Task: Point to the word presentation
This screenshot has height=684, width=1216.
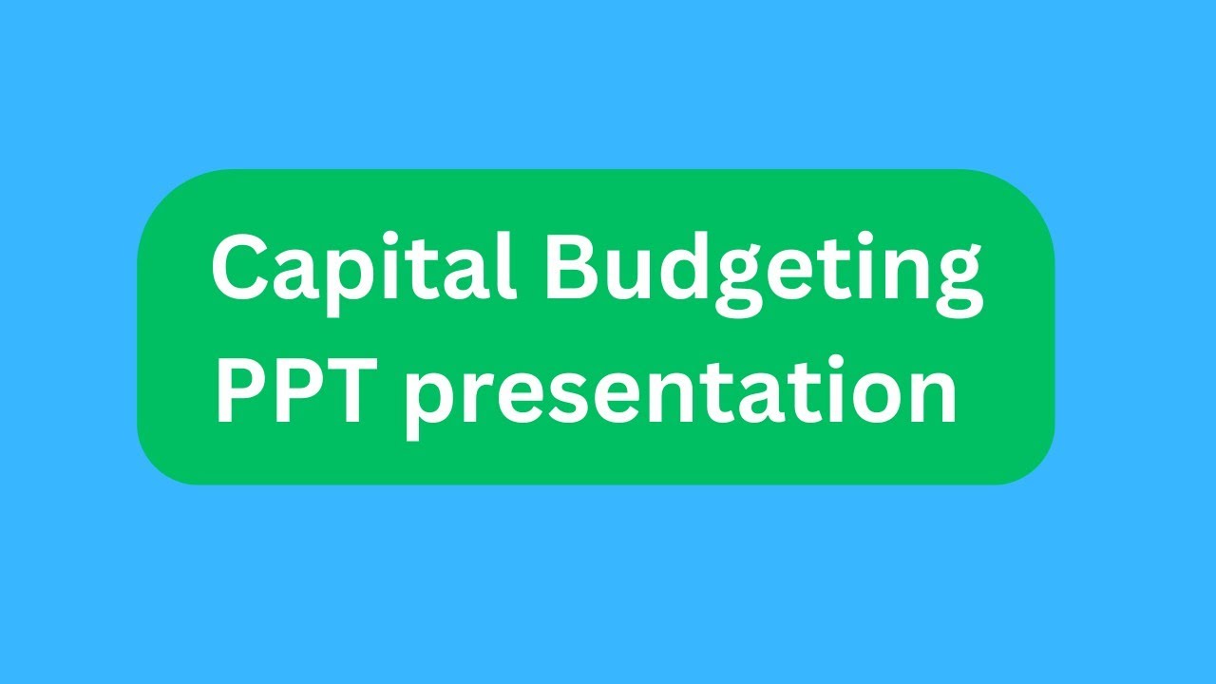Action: coord(680,394)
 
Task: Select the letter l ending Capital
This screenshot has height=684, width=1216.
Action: coord(506,266)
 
